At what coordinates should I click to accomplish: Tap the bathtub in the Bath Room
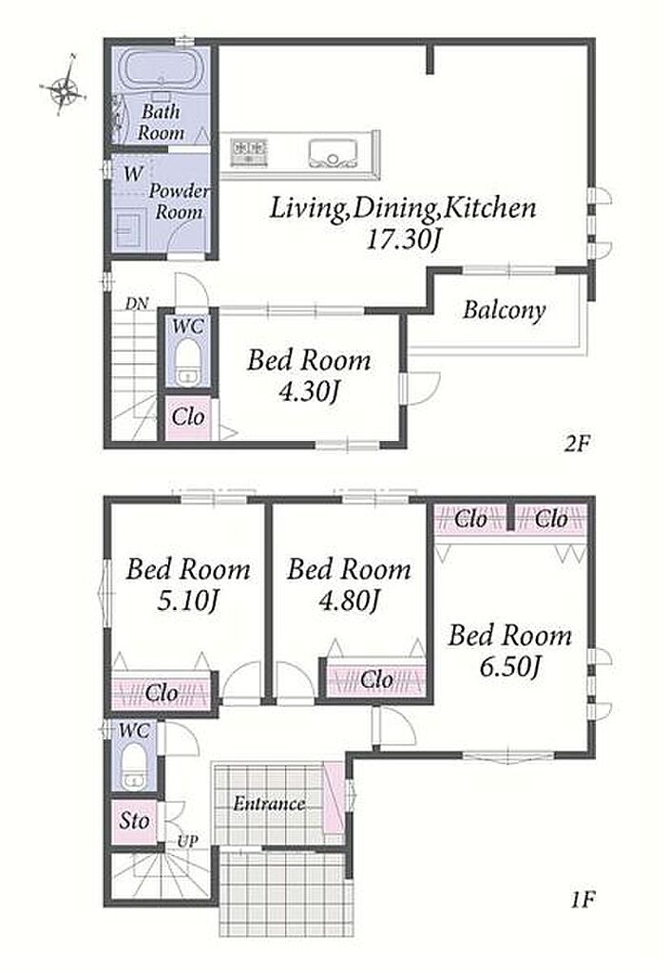coord(161,70)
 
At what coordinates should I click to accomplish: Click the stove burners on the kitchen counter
coord(249,152)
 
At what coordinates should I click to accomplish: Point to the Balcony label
coord(504,310)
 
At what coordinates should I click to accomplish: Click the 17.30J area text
coord(403,238)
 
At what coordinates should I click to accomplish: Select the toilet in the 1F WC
coord(133,767)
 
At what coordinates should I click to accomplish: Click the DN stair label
coord(137,304)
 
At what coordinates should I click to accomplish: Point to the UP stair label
coord(187,842)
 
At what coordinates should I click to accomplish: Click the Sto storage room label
coord(134,821)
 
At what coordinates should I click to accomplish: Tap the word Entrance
coord(269,804)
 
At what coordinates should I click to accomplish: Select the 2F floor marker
coord(577,443)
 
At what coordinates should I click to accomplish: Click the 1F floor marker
coord(583,899)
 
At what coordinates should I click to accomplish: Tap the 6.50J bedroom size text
coord(510,666)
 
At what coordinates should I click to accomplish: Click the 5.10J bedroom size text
coord(188,601)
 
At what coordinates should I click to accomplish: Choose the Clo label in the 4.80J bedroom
coord(376,679)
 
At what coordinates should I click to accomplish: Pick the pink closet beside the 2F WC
coord(188,417)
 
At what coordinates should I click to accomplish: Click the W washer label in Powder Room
coord(133,174)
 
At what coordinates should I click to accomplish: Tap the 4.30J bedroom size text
coord(309,392)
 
